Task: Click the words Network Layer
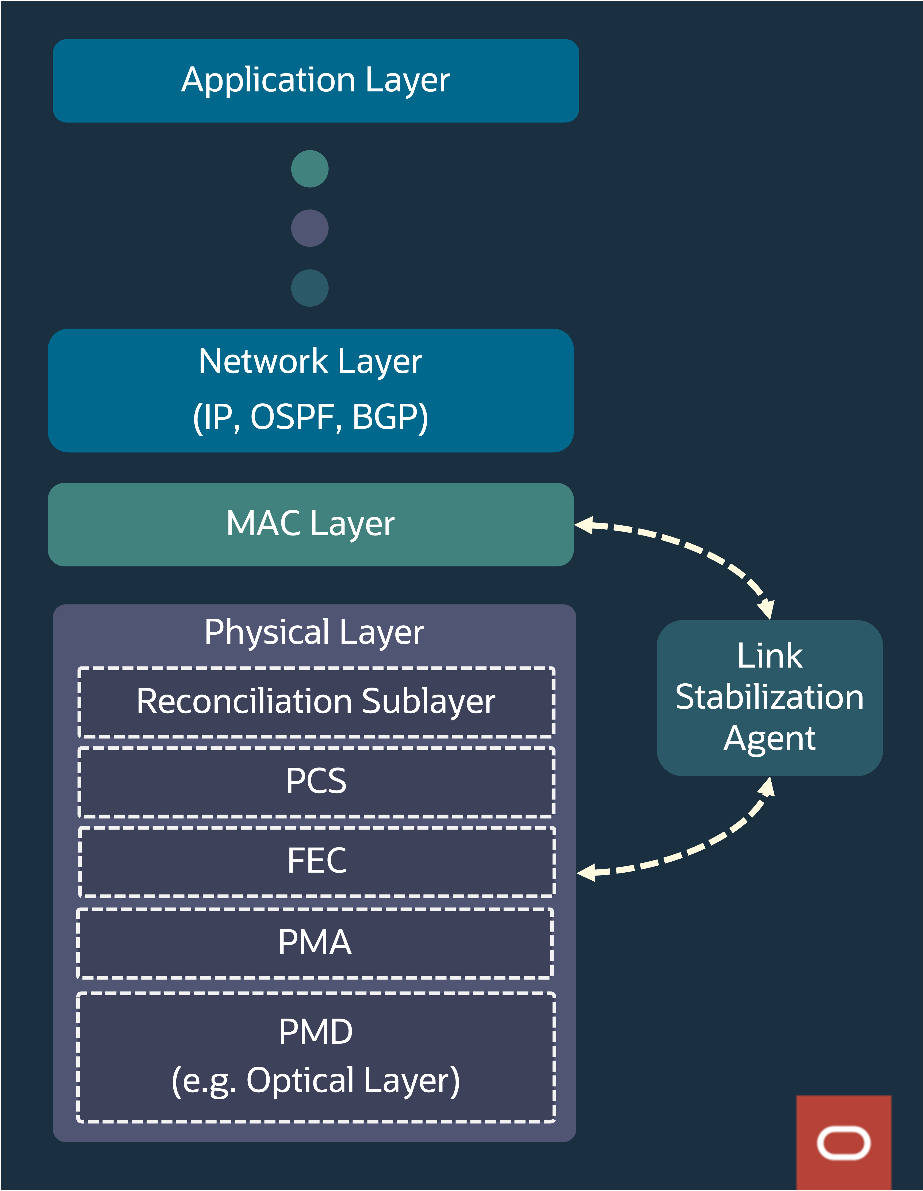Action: point(310,361)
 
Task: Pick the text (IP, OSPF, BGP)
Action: point(311,418)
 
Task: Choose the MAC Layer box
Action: point(311,524)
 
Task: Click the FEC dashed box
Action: point(316,861)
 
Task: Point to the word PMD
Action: point(315,1032)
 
